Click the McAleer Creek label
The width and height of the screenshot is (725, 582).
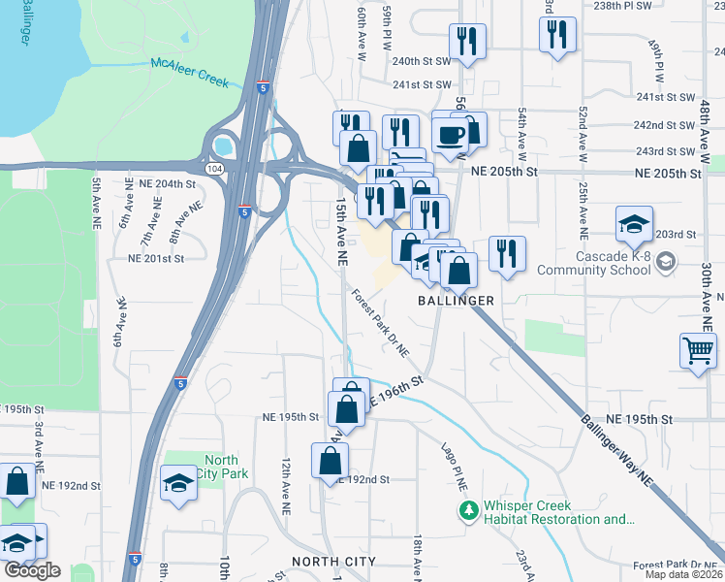pos(190,73)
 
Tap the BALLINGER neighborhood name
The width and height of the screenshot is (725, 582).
pos(456,301)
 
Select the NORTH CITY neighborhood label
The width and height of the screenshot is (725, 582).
pos(333,562)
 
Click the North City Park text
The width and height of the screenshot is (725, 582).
pos(221,467)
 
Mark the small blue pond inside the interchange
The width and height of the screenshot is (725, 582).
pos(225,147)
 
